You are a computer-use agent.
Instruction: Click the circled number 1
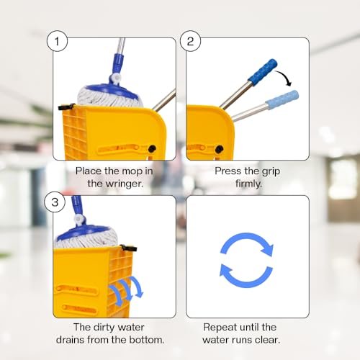pos(57,41)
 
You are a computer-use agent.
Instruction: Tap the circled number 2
pos(190,41)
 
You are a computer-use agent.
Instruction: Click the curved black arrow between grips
pos(289,77)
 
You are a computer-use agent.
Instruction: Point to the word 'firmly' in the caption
pos(248,184)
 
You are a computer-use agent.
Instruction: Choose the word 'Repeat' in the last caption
pos(220,327)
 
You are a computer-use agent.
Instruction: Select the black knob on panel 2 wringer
pos(219,148)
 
